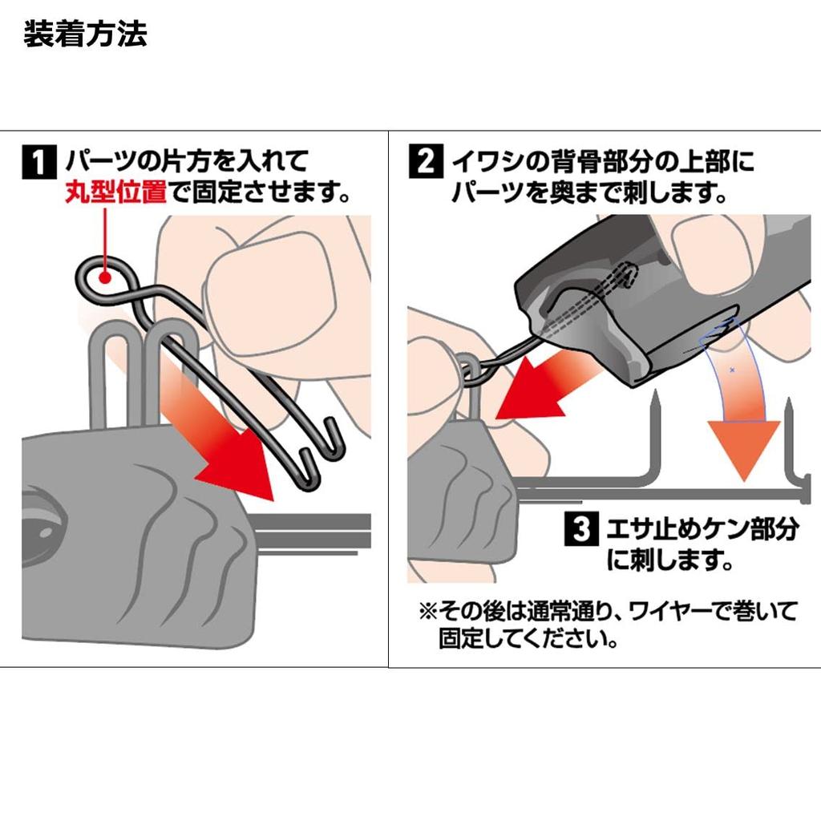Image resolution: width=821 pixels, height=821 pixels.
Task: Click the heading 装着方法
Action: point(85,35)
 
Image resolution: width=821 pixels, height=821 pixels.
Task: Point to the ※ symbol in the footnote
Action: point(427,612)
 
